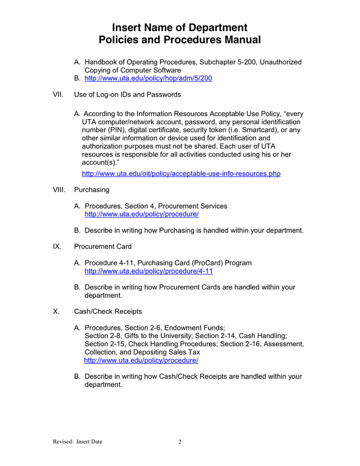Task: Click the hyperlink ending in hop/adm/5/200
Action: [x=148, y=79]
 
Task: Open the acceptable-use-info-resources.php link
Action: [x=181, y=174]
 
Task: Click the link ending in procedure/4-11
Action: [x=148, y=271]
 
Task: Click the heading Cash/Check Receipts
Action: [x=108, y=312]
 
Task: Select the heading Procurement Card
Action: [x=103, y=247]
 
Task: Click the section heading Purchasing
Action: [x=92, y=190]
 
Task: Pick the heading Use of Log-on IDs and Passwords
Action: [x=127, y=95]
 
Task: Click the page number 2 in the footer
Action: [x=180, y=442]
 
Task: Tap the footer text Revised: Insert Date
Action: [x=78, y=442]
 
